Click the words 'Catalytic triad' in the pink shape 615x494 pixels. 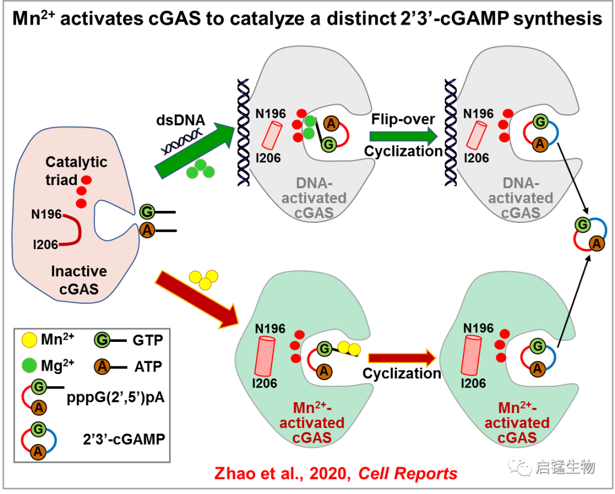[x=76, y=170]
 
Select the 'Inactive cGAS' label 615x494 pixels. [x=79, y=280]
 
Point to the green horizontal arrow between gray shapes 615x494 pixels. [x=403, y=136]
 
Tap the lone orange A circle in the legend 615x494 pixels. [x=102, y=366]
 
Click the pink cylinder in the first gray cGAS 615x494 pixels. [x=272, y=137]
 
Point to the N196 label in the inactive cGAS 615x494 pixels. [x=46, y=215]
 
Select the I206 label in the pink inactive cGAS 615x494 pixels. [x=46, y=244]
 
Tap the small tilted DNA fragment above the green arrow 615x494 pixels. [x=182, y=141]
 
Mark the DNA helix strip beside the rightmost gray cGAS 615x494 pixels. [x=450, y=132]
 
